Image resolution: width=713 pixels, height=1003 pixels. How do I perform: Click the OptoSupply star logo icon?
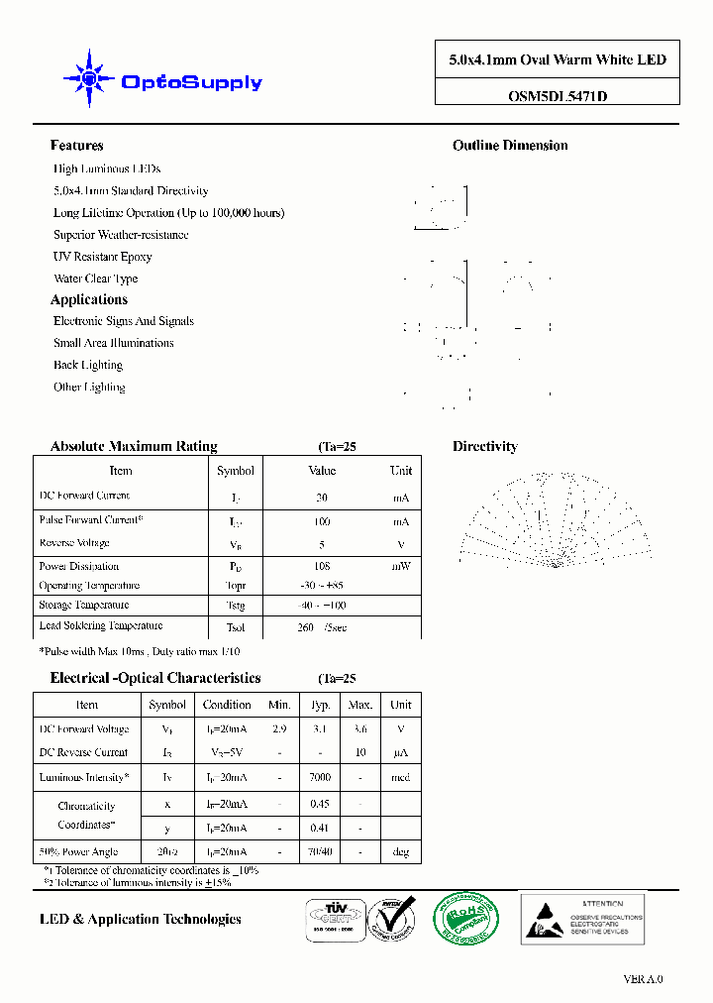(88, 78)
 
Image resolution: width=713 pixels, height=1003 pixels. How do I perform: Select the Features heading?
(76, 146)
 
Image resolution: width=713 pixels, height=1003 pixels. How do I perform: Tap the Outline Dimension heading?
(510, 146)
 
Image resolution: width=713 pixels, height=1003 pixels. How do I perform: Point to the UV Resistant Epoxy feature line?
(103, 257)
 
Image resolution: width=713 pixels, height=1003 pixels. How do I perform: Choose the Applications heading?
(89, 299)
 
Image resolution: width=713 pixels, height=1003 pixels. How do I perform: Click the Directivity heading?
(484, 447)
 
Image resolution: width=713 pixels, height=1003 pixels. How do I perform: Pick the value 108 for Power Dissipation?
(322, 566)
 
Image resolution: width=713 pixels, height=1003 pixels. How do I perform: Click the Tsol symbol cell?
(236, 627)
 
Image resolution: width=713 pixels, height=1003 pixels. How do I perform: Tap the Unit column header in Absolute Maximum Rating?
(401, 471)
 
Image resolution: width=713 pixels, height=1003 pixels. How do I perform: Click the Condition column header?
(227, 705)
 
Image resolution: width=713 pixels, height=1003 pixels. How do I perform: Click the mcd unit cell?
(400, 777)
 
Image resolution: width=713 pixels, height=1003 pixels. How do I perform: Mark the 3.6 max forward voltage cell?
(360, 729)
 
